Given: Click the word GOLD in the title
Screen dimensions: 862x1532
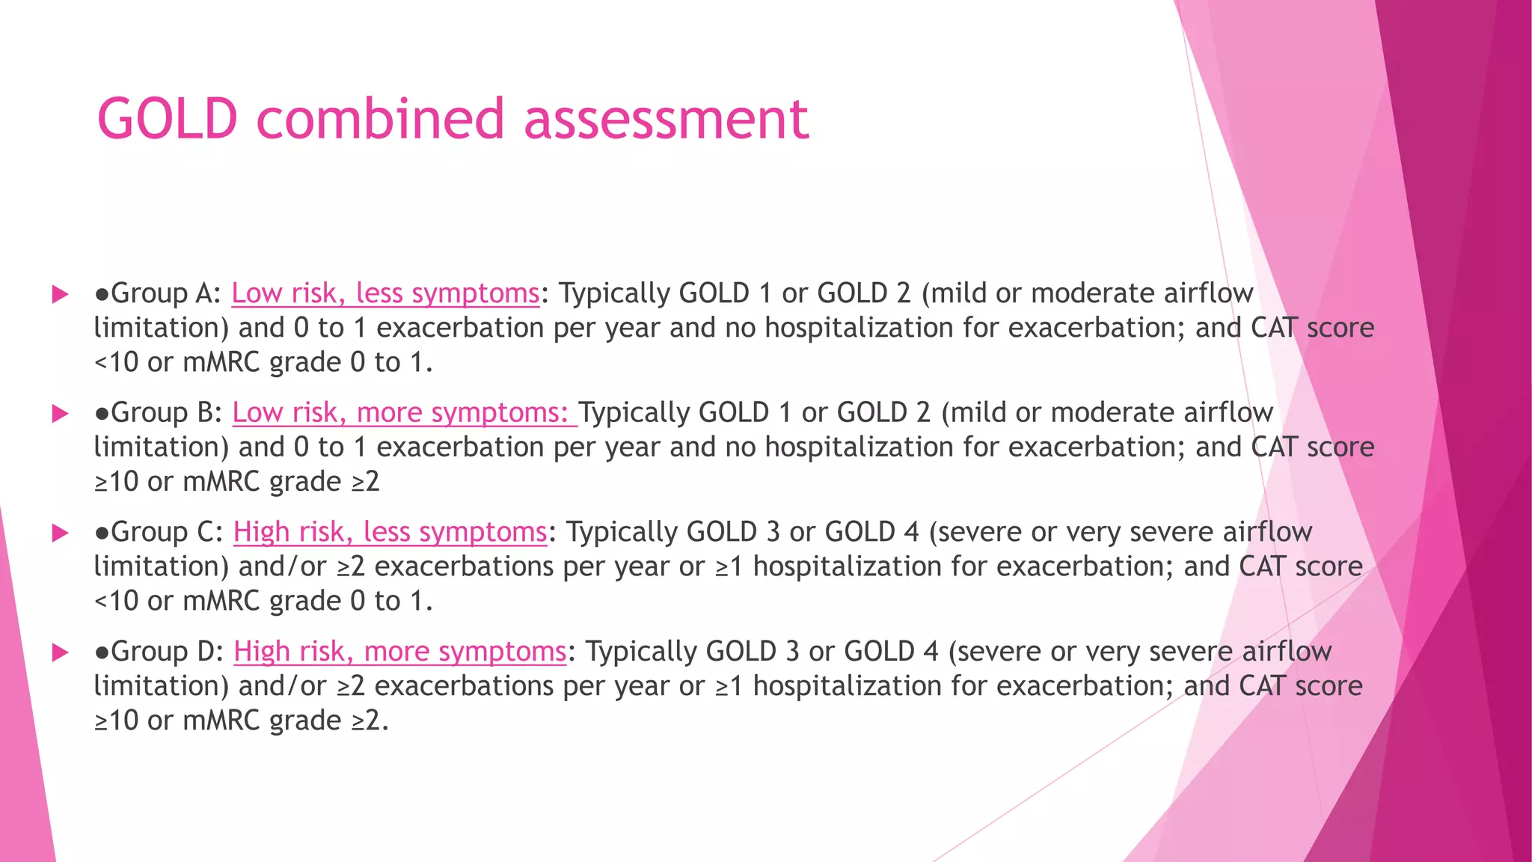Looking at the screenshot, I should (168, 120).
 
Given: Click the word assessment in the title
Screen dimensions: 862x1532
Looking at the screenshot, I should (666, 120).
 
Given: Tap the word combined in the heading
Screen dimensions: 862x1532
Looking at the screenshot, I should (380, 120).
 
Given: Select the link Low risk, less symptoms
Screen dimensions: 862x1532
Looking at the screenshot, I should (385, 293).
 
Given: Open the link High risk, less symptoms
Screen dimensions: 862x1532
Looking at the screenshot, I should (390, 532).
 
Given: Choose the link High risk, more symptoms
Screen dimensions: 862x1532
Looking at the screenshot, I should (399, 652).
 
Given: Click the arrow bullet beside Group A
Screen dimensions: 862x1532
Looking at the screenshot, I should (60, 294).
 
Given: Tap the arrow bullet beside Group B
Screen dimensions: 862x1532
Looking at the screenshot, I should (60, 414).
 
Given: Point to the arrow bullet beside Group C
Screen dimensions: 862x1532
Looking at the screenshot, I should (60, 533).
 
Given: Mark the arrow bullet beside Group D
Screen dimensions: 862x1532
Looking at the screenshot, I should (60, 652).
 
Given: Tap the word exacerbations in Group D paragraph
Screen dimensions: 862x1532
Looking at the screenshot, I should (464, 687).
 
